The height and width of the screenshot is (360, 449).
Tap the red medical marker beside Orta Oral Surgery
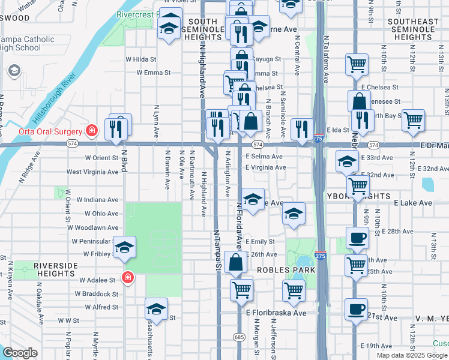point(92,130)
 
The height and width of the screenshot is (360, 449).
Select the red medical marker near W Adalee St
point(127,277)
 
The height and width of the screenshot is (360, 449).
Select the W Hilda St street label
point(140,59)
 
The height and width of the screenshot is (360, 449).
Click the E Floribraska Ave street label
point(276,313)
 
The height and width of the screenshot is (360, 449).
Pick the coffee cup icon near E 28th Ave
point(357,237)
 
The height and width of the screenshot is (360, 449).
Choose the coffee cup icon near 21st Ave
point(355,310)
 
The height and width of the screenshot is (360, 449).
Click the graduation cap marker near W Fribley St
point(124,248)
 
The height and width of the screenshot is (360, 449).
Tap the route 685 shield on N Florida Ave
point(239,337)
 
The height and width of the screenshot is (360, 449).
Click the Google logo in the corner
point(20,352)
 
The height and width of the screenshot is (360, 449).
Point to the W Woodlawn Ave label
point(93,227)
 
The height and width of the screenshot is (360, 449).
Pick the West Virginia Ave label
point(92,172)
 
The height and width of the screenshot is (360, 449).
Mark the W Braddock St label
point(97,294)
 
